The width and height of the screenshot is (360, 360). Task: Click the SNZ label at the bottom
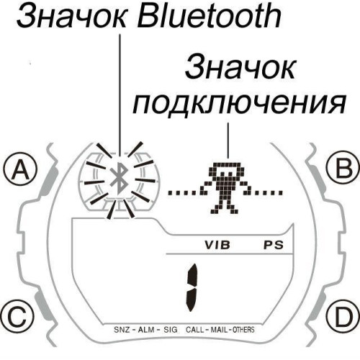click(x=122, y=329)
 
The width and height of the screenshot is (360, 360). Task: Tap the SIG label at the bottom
click(x=170, y=329)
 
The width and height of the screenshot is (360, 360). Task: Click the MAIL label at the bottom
click(x=222, y=329)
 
